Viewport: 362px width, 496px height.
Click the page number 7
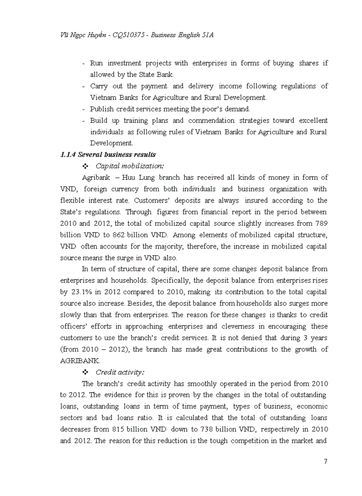pyautogui.click(x=326, y=461)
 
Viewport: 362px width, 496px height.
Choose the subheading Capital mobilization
pyautogui.click(x=130, y=166)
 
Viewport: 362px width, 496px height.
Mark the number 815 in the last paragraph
pyautogui.click(x=130, y=429)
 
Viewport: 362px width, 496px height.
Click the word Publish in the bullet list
pyautogui.click(x=102, y=109)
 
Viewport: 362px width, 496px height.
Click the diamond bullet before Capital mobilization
pyautogui.click(x=85, y=166)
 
